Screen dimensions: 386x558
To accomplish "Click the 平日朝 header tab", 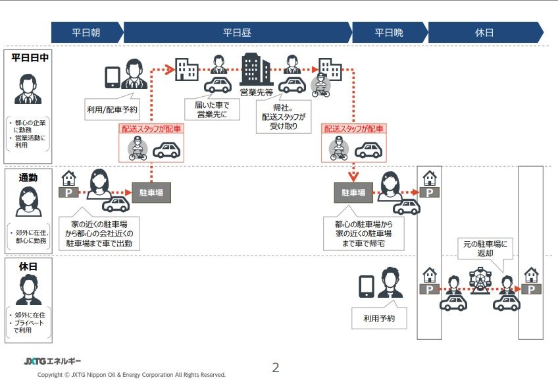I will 86,32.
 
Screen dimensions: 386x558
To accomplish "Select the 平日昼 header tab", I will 237,32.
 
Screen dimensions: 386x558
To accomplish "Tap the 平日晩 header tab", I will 389,32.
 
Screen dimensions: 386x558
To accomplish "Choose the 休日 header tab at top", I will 484,32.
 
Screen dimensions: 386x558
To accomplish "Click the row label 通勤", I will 28,177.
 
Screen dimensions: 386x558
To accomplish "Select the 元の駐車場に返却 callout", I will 485,249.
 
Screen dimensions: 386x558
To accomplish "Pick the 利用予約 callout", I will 380,319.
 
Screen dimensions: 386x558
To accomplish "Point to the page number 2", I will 276,368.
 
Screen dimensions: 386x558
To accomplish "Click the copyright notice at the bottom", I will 132,375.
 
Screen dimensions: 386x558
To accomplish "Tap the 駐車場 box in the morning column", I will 151,192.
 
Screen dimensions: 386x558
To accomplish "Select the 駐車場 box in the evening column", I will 353,192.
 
